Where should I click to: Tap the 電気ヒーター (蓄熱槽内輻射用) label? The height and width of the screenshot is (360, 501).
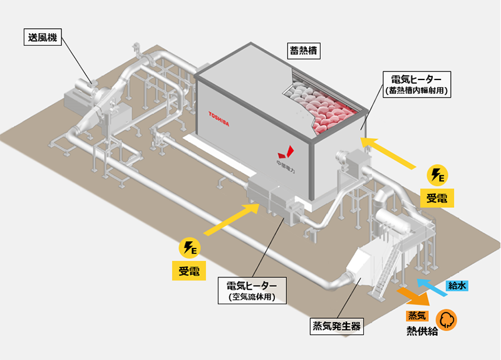click(416, 85)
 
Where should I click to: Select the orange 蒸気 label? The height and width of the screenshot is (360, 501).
click(416, 316)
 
